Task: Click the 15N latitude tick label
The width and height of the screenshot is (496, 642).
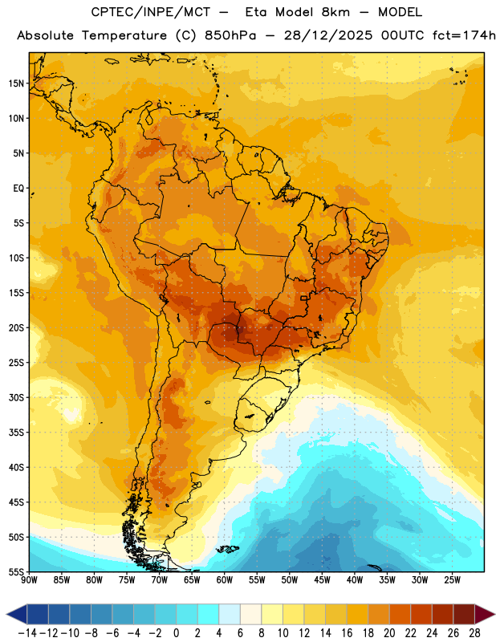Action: pyautogui.click(x=16, y=83)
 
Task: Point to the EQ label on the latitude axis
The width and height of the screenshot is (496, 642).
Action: pyautogui.click(x=18, y=189)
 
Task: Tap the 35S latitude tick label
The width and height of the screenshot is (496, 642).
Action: pyautogui.click(x=16, y=433)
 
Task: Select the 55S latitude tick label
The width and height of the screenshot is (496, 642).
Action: pyautogui.click(x=16, y=572)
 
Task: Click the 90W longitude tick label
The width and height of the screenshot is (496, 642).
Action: pyautogui.click(x=30, y=579)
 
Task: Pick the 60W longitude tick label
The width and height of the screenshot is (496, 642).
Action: pyautogui.click(x=225, y=579)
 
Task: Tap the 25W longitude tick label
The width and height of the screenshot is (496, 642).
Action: pyautogui.click(x=452, y=579)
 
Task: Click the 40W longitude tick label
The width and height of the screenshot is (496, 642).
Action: pyautogui.click(x=355, y=579)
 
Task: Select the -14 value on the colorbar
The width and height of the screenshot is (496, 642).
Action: pyautogui.click(x=27, y=633)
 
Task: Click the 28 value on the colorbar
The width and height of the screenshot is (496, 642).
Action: pyautogui.click(x=474, y=633)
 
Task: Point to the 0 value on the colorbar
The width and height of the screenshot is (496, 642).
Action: pyautogui.click(x=176, y=633)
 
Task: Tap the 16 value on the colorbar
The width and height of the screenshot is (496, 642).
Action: pyautogui.click(x=347, y=633)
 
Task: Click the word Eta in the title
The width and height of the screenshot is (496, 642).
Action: pyautogui.click(x=256, y=12)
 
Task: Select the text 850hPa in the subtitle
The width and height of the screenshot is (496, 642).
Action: pyautogui.click(x=230, y=35)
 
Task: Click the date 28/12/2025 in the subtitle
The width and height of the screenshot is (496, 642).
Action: pyautogui.click(x=328, y=35)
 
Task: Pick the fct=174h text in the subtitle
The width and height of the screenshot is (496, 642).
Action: pyautogui.click(x=464, y=35)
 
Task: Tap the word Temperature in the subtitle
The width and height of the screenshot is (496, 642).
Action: pyautogui.click(x=124, y=35)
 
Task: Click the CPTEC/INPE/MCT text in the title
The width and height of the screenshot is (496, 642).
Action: pyautogui.click(x=151, y=12)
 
